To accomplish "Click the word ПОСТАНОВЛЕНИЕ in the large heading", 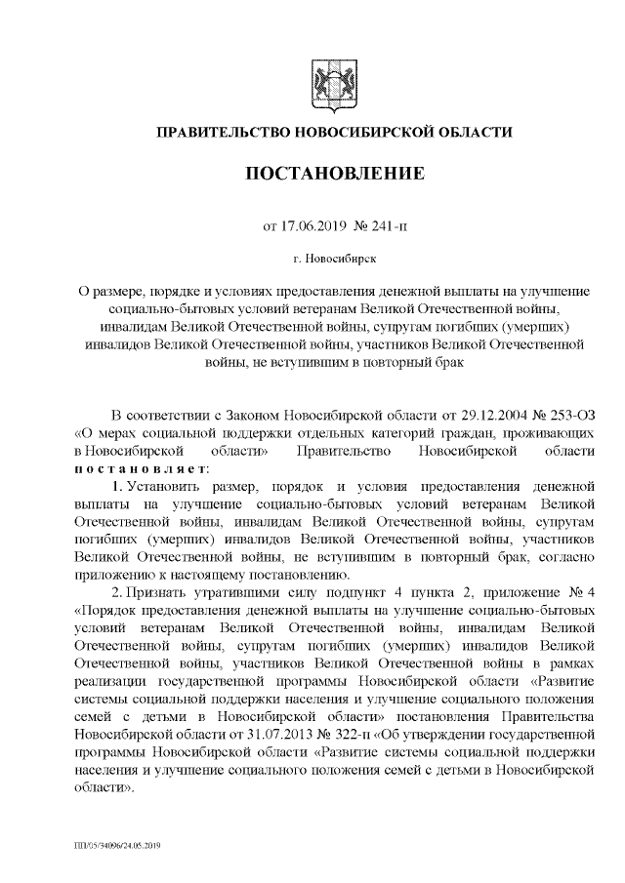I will pyautogui.click(x=334, y=175).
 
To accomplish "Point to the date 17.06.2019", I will pyautogui.click(x=313, y=227).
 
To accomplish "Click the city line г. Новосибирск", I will pyautogui.click(x=333, y=261).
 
